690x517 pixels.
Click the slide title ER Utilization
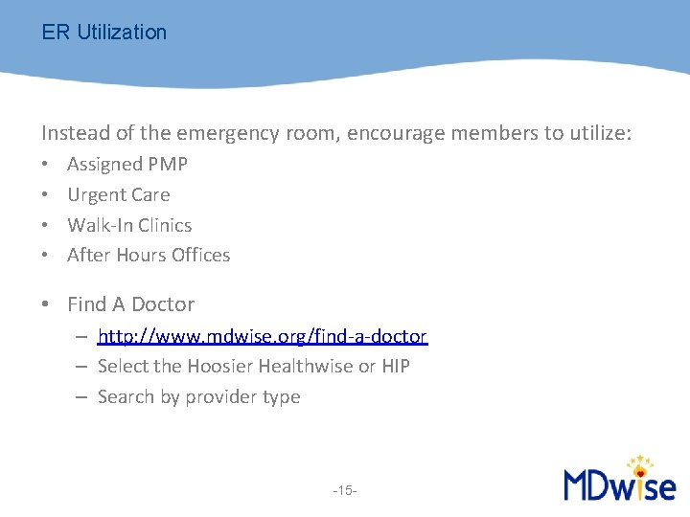click(103, 33)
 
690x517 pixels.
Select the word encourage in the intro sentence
click(392, 133)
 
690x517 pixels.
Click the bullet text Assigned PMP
click(127, 165)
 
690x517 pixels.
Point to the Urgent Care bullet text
click(118, 195)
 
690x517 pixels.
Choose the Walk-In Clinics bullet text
click(129, 226)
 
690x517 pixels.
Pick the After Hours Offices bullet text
click(149, 256)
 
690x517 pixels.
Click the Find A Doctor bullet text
click(130, 304)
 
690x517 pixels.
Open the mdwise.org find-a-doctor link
click(262, 337)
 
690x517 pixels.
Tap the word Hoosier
click(220, 367)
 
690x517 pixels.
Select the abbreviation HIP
click(396, 367)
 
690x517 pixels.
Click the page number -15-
click(345, 491)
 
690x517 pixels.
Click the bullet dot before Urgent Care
click(46, 195)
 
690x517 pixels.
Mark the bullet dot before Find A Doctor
click(46, 305)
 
